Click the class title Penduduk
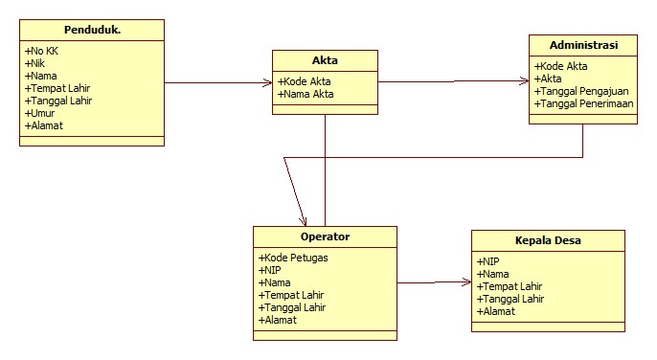click(x=91, y=31)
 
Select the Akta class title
click(x=325, y=61)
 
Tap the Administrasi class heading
click(x=583, y=46)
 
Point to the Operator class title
click(x=325, y=236)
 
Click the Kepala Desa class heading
click(x=547, y=240)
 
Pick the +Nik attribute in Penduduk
click(x=36, y=62)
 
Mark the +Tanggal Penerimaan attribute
click(x=584, y=103)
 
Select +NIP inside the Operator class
click(x=269, y=270)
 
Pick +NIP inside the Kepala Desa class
click(x=487, y=260)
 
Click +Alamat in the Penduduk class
click(x=44, y=124)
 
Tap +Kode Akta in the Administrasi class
click(x=561, y=66)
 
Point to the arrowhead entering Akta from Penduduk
click(x=267, y=83)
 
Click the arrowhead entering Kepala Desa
click(x=466, y=282)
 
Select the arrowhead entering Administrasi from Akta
click(x=524, y=82)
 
